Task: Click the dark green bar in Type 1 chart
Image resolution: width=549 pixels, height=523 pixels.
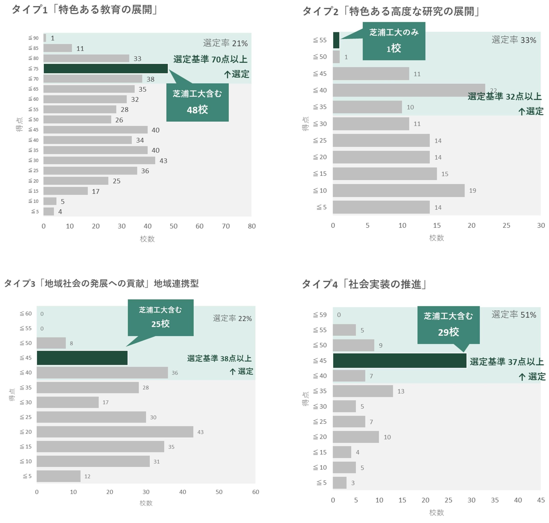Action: point(106,69)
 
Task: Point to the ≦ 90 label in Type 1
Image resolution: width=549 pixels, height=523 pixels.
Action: point(33,38)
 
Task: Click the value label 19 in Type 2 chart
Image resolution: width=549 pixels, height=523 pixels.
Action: point(472,191)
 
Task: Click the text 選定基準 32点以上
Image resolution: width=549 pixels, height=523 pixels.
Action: point(504,96)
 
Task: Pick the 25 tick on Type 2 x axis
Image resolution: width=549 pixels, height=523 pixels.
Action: point(506,226)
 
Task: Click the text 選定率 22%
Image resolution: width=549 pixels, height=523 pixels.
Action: point(232,318)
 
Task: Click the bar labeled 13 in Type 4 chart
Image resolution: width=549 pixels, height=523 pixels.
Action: point(362,391)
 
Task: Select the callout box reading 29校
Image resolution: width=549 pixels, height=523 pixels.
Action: point(448,325)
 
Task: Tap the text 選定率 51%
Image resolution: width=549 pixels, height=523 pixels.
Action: point(513,315)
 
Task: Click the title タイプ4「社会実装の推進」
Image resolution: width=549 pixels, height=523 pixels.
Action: point(364,284)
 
